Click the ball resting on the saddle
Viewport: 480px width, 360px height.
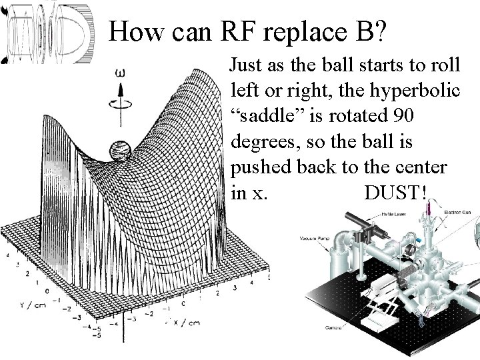(121, 149)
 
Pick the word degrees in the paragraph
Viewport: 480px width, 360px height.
(260, 141)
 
